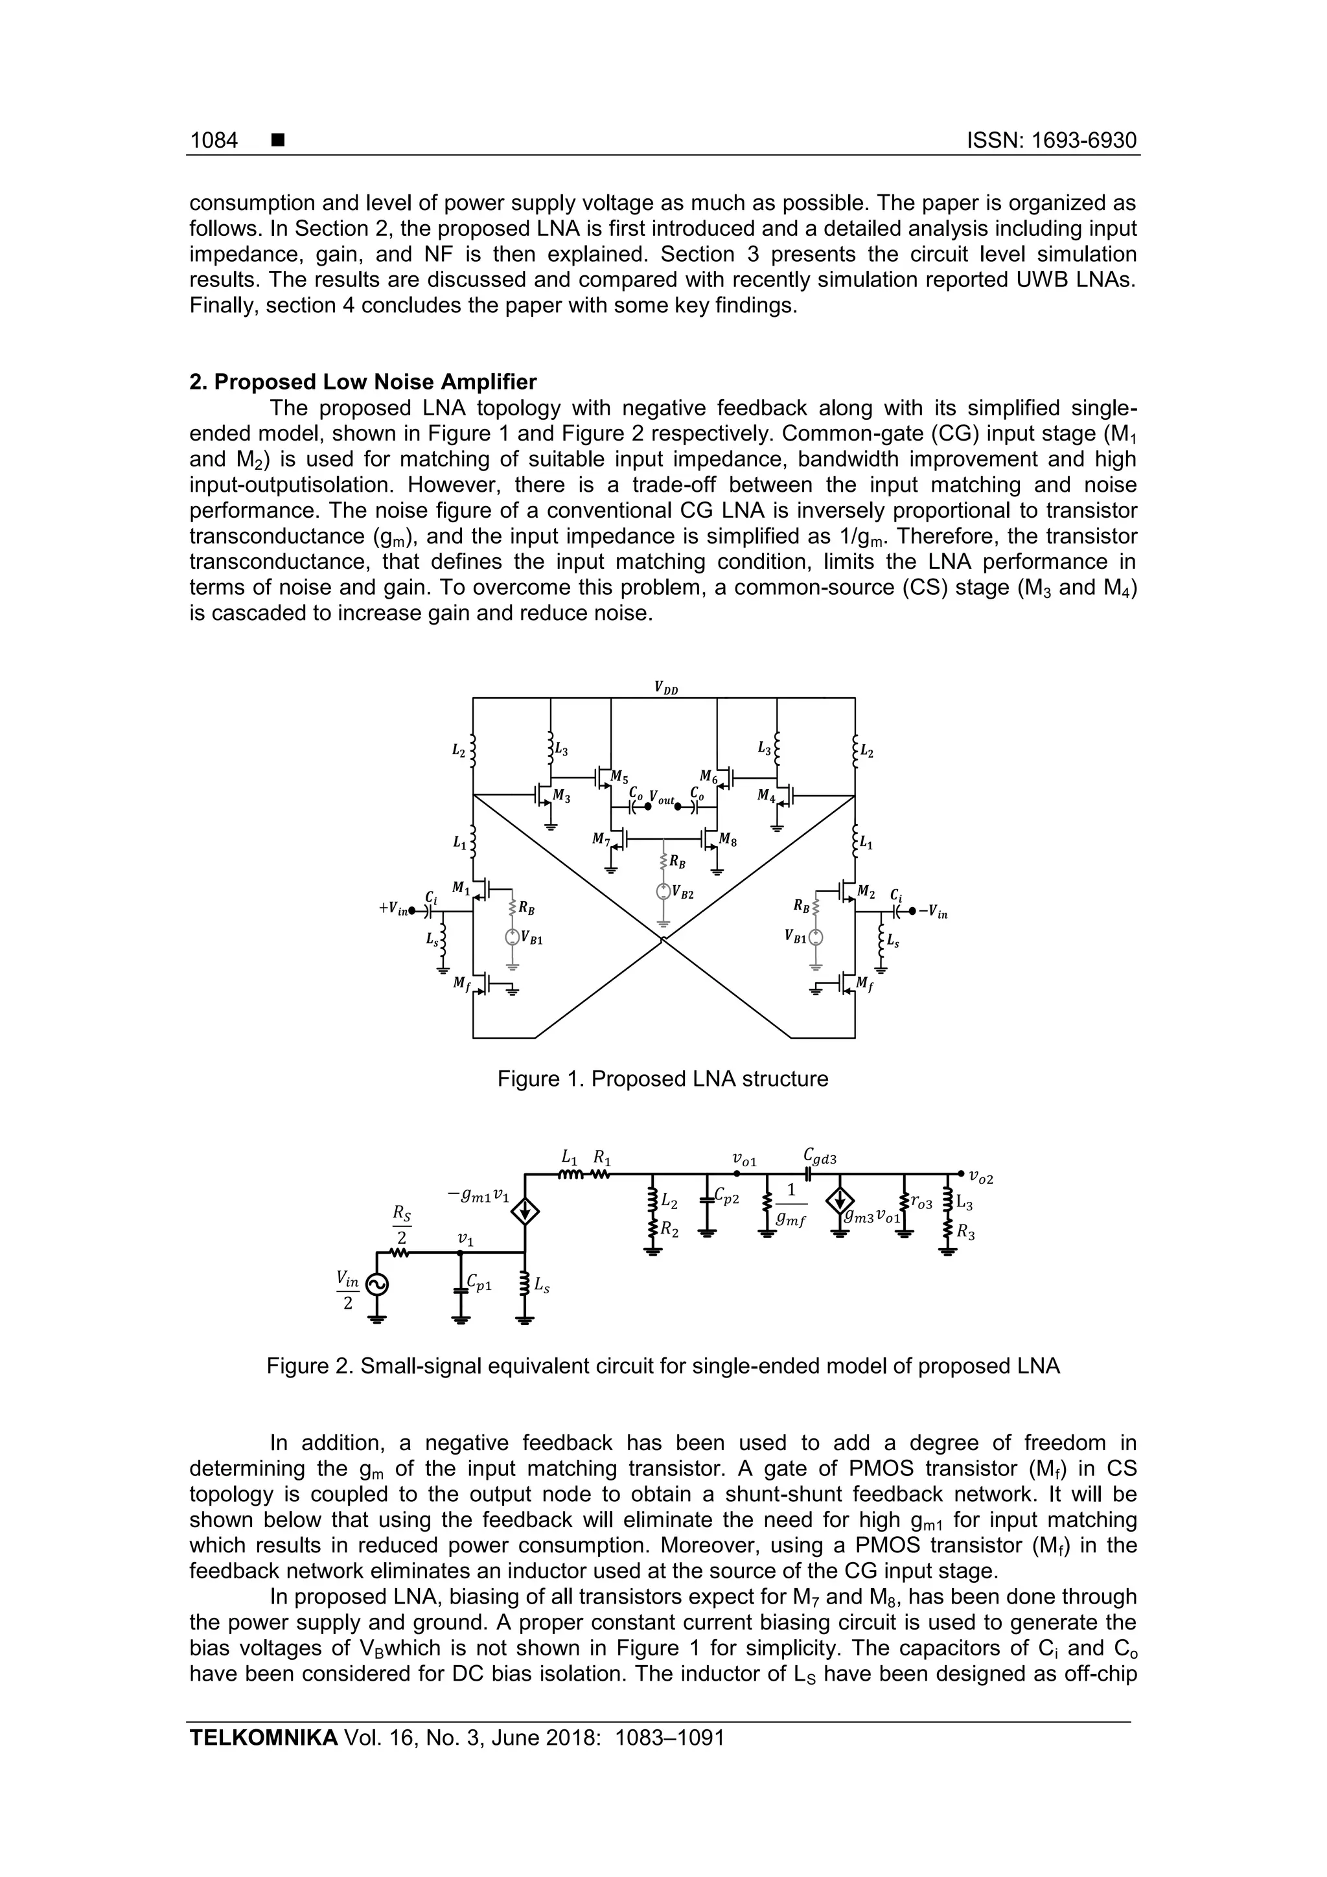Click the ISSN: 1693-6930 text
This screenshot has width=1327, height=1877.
1052,141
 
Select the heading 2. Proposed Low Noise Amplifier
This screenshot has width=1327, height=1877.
363,382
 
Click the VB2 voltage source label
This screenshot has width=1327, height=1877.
685,894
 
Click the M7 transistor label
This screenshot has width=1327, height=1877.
601,840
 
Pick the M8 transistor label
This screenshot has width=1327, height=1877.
728,840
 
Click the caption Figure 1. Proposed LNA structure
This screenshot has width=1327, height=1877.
662,1079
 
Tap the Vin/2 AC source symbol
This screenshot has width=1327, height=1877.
377,1285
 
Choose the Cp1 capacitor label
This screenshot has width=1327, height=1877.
478,1284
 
